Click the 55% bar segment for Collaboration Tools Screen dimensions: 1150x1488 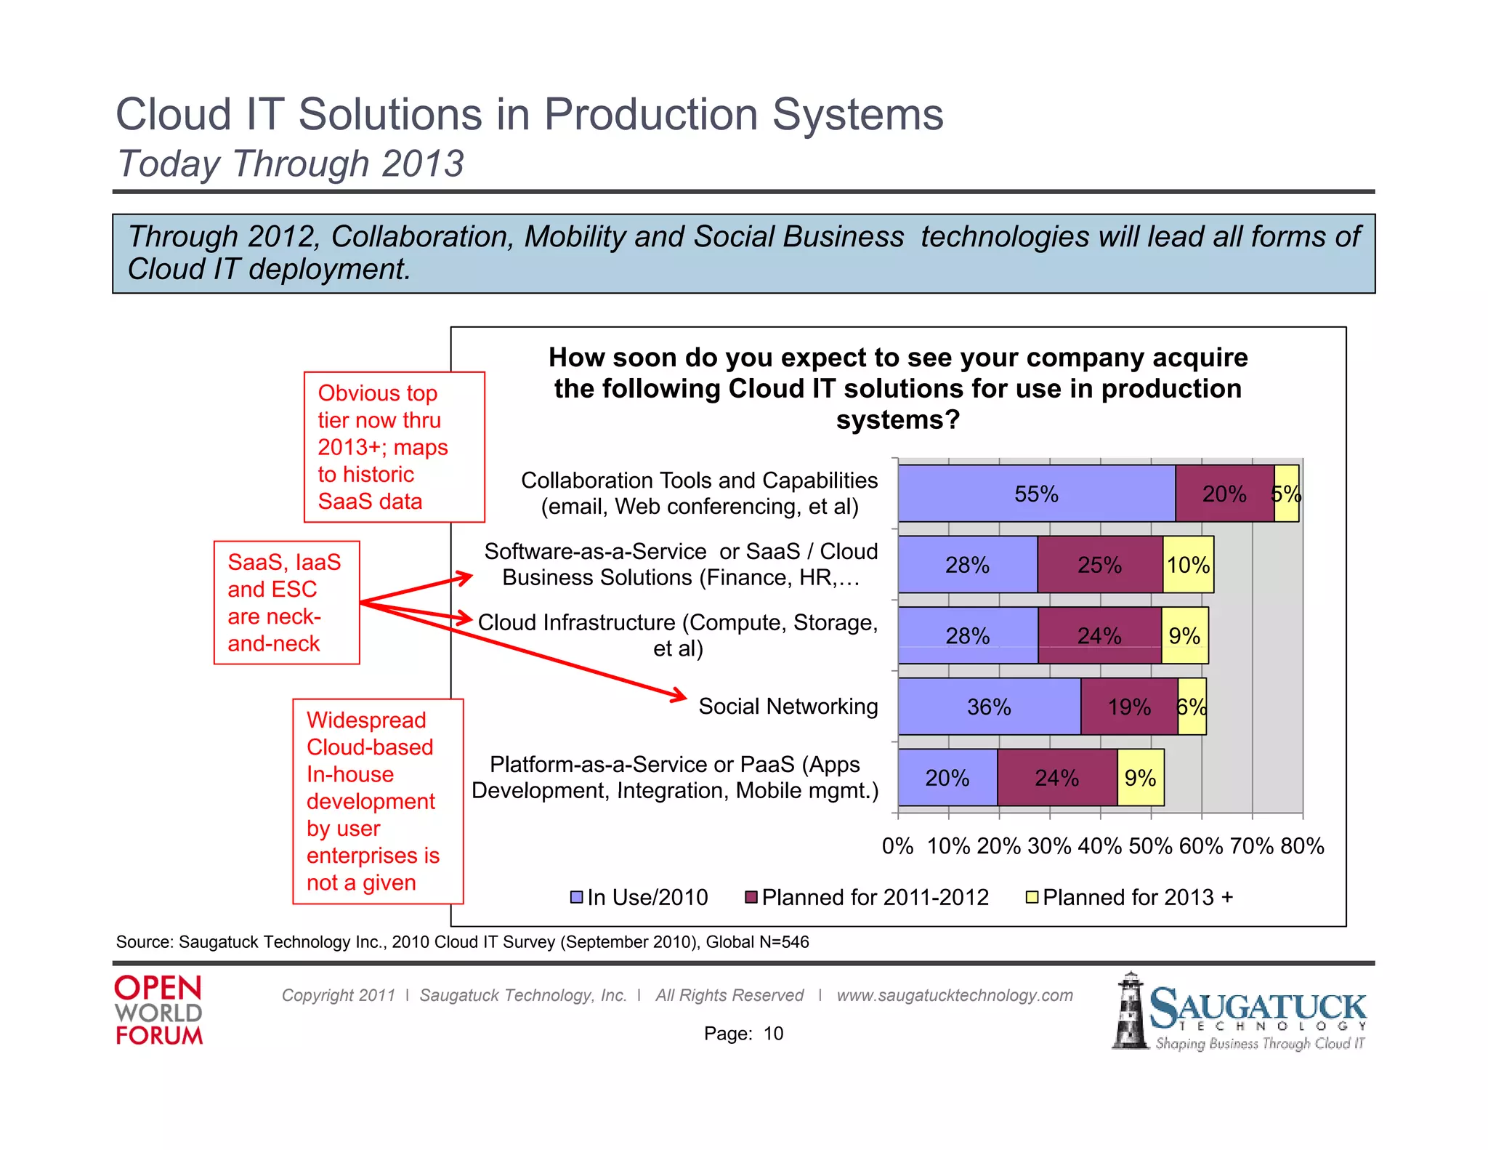click(x=1036, y=494)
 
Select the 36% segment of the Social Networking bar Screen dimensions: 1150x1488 click(x=989, y=707)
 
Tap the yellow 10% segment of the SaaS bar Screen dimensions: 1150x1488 click(x=1188, y=565)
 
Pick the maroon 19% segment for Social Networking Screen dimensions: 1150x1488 click(x=1129, y=707)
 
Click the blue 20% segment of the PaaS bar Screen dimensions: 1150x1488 click(x=947, y=778)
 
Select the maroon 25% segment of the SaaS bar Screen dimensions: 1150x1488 click(x=1099, y=565)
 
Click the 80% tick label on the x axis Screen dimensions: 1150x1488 click(x=1302, y=845)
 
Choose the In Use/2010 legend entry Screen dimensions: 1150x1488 click(x=639, y=897)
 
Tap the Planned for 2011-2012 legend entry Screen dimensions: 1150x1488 click(x=868, y=897)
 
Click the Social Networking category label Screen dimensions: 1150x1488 click(x=788, y=706)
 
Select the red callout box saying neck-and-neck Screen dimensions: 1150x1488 click(x=286, y=603)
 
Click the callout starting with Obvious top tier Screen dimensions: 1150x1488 click(x=393, y=447)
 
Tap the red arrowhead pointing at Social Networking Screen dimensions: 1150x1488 click(x=679, y=696)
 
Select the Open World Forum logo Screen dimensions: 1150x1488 click(x=158, y=1010)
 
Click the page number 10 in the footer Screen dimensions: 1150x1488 click(x=773, y=1033)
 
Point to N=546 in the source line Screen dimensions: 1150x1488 click(x=783, y=942)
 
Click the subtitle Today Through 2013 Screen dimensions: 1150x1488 click(x=291, y=164)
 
